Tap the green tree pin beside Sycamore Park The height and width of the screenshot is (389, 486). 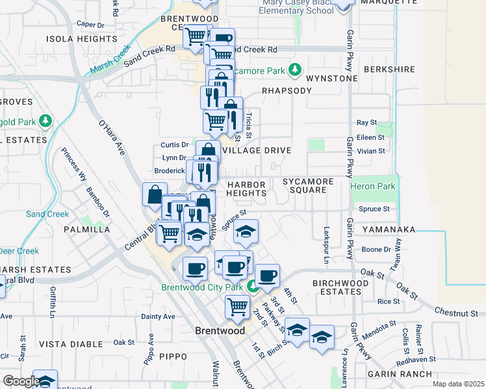pyautogui.click(x=296, y=69)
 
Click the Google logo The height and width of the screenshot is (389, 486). pyautogui.click(x=21, y=381)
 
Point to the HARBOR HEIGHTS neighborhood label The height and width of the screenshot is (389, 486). pyautogui.click(x=247, y=188)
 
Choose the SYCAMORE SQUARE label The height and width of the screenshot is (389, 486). pyautogui.click(x=308, y=186)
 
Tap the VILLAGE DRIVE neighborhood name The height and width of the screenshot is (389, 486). pyautogui.click(x=257, y=150)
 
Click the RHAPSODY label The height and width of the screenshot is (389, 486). pyautogui.click(x=287, y=91)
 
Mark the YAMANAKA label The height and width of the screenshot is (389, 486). pyautogui.click(x=389, y=229)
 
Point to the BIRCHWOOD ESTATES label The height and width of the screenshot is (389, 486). pyautogui.click(x=337, y=287)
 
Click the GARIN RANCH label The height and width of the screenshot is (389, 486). pyautogui.click(x=399, y=374)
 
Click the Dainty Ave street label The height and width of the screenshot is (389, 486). pyautogui.click(x=159, y=316)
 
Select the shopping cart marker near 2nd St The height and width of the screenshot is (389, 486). pyautogui.click(x=237, y=306)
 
